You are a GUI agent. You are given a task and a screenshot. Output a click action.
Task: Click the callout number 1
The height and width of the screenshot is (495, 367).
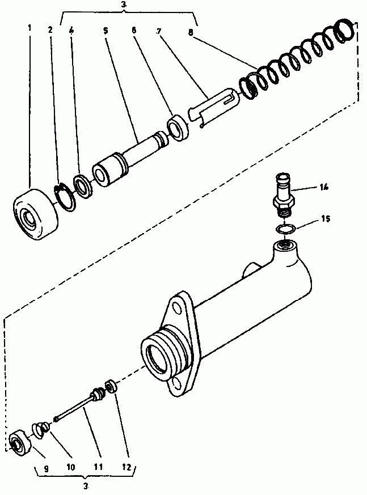coord(29,28)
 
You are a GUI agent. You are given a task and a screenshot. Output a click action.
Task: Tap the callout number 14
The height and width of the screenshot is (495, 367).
coord(323,187)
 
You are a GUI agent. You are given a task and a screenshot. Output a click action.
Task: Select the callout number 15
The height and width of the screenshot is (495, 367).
coord(326,218)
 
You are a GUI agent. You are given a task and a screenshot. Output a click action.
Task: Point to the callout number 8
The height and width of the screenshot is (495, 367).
coord(190,32)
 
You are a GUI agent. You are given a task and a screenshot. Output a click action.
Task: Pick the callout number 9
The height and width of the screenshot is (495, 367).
coord(46,469)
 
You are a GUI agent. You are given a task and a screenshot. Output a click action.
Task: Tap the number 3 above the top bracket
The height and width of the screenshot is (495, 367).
coord(124,4)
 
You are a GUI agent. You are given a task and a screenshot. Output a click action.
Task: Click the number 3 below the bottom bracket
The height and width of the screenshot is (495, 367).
coord(86,486)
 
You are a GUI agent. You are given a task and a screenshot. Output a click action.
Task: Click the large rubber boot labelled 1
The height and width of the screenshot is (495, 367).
coord(35,215)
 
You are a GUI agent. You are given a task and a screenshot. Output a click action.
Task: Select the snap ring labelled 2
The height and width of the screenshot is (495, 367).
coord(65,198)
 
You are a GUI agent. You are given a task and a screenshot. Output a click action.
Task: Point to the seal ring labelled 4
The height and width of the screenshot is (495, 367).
coord(83,186)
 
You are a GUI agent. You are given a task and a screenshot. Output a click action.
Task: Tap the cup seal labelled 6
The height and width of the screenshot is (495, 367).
coord(179,128)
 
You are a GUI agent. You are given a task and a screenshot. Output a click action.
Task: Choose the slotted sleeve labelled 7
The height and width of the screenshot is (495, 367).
coord(213,107)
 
